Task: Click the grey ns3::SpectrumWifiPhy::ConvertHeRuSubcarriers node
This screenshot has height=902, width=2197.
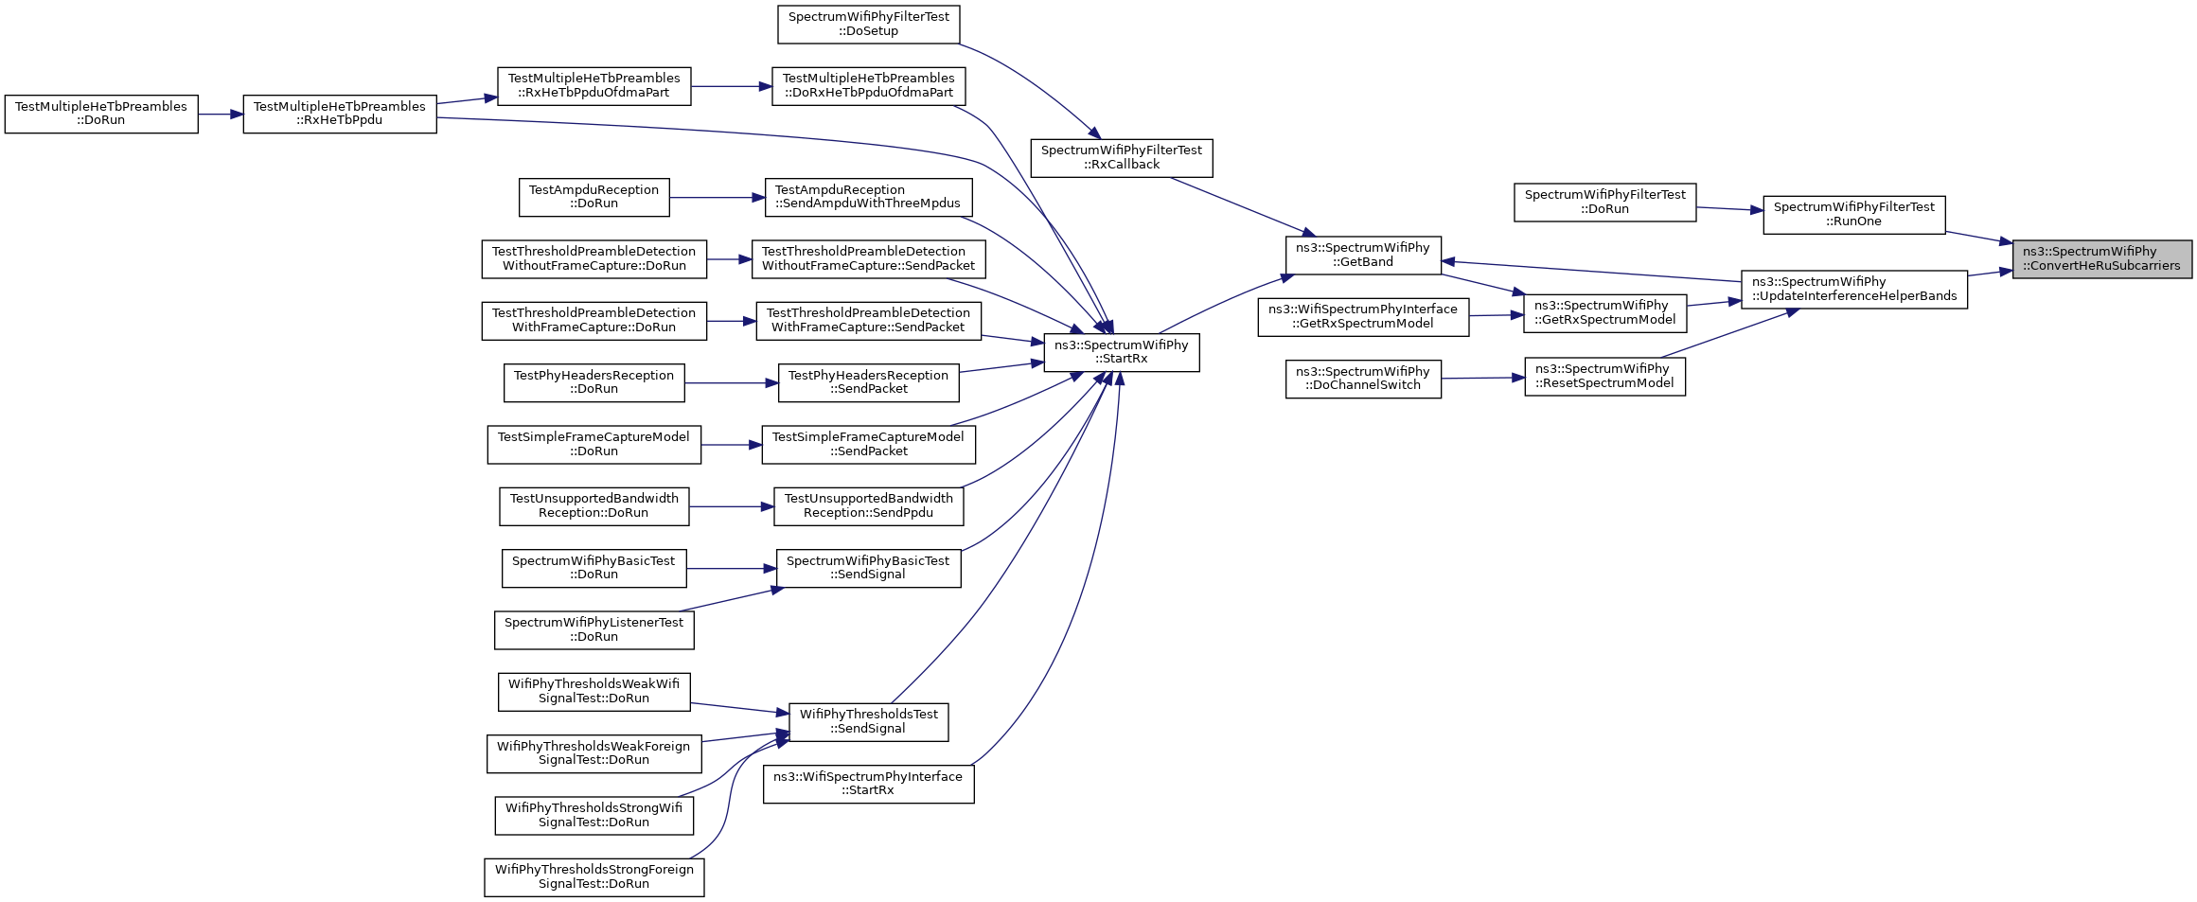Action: coord(2101,258)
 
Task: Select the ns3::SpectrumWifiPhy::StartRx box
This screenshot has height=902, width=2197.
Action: coord(1122,352)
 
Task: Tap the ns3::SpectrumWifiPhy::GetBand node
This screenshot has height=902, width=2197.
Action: coord(1363,255)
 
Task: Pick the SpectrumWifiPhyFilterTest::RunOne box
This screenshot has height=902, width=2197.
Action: coord(1854,214)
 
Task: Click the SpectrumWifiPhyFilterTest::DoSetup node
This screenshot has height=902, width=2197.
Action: coord(868,24)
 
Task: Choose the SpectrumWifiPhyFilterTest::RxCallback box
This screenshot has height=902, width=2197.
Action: coord(1122,157)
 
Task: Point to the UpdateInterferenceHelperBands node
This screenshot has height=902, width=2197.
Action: coord(1854,289)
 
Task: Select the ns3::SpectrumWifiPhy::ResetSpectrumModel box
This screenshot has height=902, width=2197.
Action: coord(1604,376)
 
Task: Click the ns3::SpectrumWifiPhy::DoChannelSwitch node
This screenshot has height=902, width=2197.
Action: coord(1363,379)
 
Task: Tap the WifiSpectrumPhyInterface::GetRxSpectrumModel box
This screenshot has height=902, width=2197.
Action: coord(1363,316)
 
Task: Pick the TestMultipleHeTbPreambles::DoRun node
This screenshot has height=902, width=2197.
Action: coord(101,114)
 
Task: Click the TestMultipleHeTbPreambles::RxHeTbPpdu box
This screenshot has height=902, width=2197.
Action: coord(340,114)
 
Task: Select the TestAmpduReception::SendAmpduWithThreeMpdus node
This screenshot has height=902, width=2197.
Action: coord(868,197)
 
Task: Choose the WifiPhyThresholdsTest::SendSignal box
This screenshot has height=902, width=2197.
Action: coord(868,721)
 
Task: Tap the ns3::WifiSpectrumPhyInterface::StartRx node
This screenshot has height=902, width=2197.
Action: coord(868,784)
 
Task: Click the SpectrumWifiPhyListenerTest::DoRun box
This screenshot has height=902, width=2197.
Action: coord(594,629)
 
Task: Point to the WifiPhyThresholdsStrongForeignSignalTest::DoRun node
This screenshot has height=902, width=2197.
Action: coord(594,876)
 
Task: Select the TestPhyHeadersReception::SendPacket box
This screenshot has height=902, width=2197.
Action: coord(868,382)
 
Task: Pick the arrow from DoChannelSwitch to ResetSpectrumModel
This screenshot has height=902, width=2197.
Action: coord(1483,379)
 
